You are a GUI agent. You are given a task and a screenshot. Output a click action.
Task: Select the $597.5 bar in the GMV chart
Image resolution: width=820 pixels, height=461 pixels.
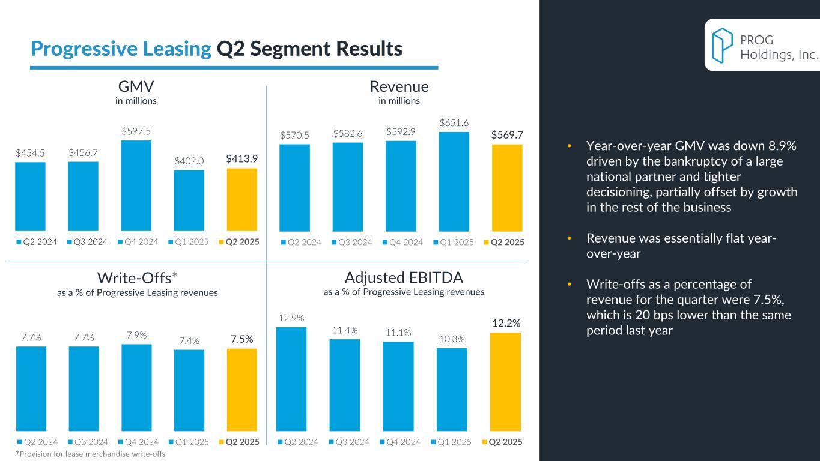pyautogui.click(x=136, y=185)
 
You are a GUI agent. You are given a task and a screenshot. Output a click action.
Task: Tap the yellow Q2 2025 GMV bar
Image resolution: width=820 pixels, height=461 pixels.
pyautogui.click(x=242, y=199)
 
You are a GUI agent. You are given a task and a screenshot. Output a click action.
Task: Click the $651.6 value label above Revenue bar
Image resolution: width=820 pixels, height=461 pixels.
pyautogui.click(x=454, y=122)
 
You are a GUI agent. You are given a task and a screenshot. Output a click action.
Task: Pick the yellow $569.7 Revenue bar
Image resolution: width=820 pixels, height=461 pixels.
pyautogui.click(x=507, y=187)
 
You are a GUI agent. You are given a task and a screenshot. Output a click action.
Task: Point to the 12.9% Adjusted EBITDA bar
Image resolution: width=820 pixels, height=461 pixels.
pyautogui.click(x=291, y=378)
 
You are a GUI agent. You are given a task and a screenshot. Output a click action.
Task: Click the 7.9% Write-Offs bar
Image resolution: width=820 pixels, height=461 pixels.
pyautogui.click(x=136, y=387)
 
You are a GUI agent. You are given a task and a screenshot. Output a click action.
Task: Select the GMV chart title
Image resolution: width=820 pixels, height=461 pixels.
pyautogui.click(x=136, y=87)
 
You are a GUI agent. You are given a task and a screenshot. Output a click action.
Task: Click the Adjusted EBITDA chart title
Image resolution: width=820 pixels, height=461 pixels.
pyautogui.click(x=404, y=278)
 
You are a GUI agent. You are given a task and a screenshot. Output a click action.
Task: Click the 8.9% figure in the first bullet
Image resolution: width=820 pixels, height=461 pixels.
pyautogui.click(x=780, y=146)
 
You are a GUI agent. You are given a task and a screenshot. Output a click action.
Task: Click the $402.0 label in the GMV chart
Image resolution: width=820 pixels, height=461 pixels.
pyautogui.click(x=189, y=161)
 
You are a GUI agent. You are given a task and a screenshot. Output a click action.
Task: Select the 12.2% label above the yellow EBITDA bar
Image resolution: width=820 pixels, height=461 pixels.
pyautogui.click(x=506, y=324)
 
